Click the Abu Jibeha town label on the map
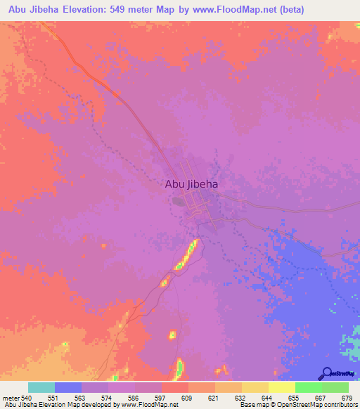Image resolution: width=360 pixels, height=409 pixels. point(191,184)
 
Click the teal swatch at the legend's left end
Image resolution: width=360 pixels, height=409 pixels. point(41,387)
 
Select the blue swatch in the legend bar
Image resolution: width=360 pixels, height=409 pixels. point(68,387)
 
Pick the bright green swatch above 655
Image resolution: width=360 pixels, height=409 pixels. point(308,387)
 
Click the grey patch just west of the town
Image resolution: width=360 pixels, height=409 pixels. point(179,201)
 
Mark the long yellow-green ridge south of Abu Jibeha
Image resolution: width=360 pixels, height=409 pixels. point(186,254)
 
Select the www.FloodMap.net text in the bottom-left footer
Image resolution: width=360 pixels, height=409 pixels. point(150,405)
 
